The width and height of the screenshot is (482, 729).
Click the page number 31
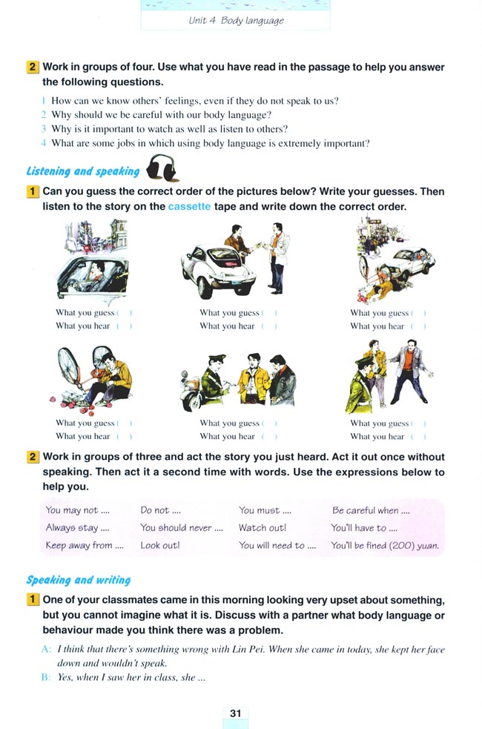[236, 713]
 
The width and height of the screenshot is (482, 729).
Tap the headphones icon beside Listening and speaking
[162, 168]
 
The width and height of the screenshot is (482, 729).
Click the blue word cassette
[190, 207]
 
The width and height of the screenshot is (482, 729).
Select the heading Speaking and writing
[79, 580]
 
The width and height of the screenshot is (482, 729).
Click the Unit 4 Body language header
[236, 20]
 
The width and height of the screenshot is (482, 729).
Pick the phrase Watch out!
[263, 528]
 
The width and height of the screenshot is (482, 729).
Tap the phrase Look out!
[160, 546]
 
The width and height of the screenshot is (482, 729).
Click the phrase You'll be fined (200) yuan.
[385, 546]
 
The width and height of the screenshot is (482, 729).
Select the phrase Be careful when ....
[371, 510]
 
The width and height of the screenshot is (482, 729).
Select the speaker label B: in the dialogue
[46, 677]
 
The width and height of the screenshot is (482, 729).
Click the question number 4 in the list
[44, 143]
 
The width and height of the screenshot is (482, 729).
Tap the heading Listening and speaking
[83, 171]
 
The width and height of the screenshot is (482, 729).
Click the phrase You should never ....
[181, 528]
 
